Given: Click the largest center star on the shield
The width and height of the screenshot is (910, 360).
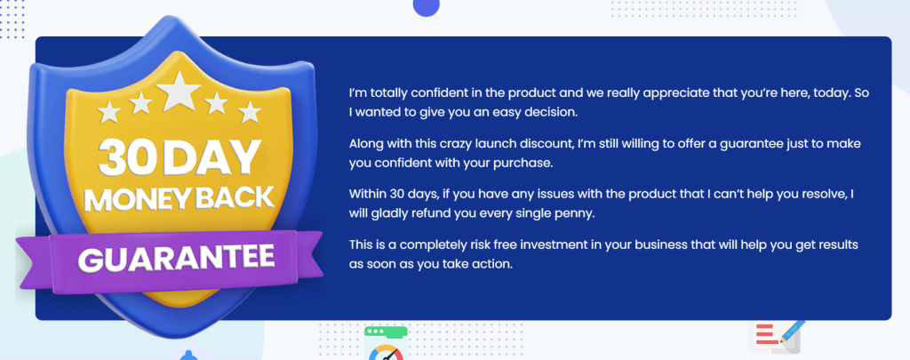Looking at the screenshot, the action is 179,92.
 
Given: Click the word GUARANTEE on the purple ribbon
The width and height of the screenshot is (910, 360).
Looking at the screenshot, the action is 177,258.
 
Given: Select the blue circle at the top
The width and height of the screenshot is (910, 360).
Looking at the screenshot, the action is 426,6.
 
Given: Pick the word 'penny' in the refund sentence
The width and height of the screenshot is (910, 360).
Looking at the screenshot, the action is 578,213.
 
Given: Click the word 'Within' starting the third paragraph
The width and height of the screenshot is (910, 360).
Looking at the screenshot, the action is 367,194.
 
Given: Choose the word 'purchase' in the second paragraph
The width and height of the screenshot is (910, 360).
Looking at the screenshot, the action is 528,164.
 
